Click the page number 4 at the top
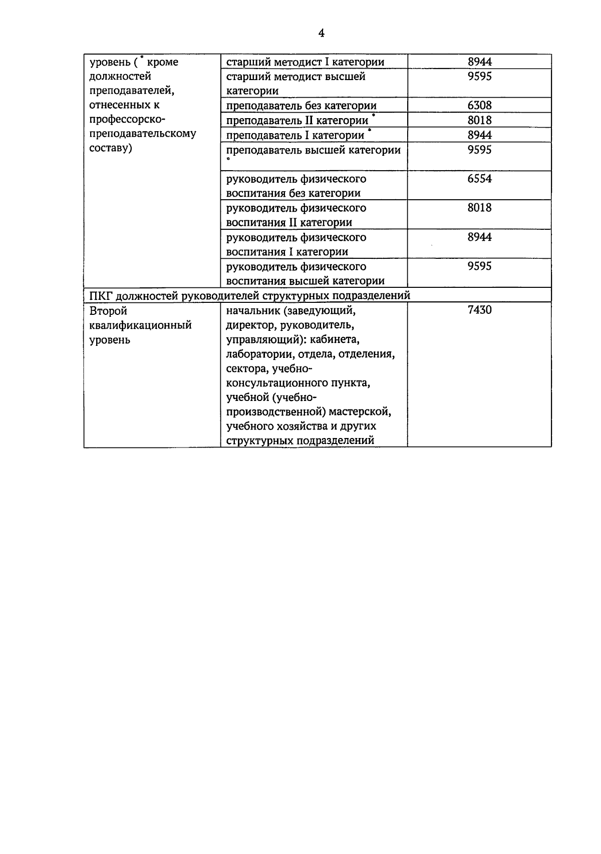pyautogui.click(x=321, y=34)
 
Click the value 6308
pyautogui.click(x=479, y=106)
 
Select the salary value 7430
pyautogui.click(x=479, y=310)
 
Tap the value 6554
pyautogui.click(x=479, y=179)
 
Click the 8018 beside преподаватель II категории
pyautogui.click(x=479, y=121)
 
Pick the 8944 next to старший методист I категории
pyautogui.click(x=479, y=62)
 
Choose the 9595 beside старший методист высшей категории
pyautogui.click(x=479, y=77)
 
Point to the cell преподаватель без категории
pyautogui.click(x=301, y=106)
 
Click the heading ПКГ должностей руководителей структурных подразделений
pyautogui.click(x=249, y=296)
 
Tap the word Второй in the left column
pyautogui.click(x=108, y=311)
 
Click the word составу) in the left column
pyautogui.click(x=110, y=149)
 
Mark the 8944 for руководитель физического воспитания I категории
pyautogui.click(x=479, y=237)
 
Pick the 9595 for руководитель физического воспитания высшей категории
pyautogui.click(x=479, y=266)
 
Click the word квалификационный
pyautogui.click(x=140, y=325)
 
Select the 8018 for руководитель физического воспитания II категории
pyautogui.click(x=479, y=208)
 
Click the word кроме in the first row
pyautogui.click(x=163, y=63)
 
